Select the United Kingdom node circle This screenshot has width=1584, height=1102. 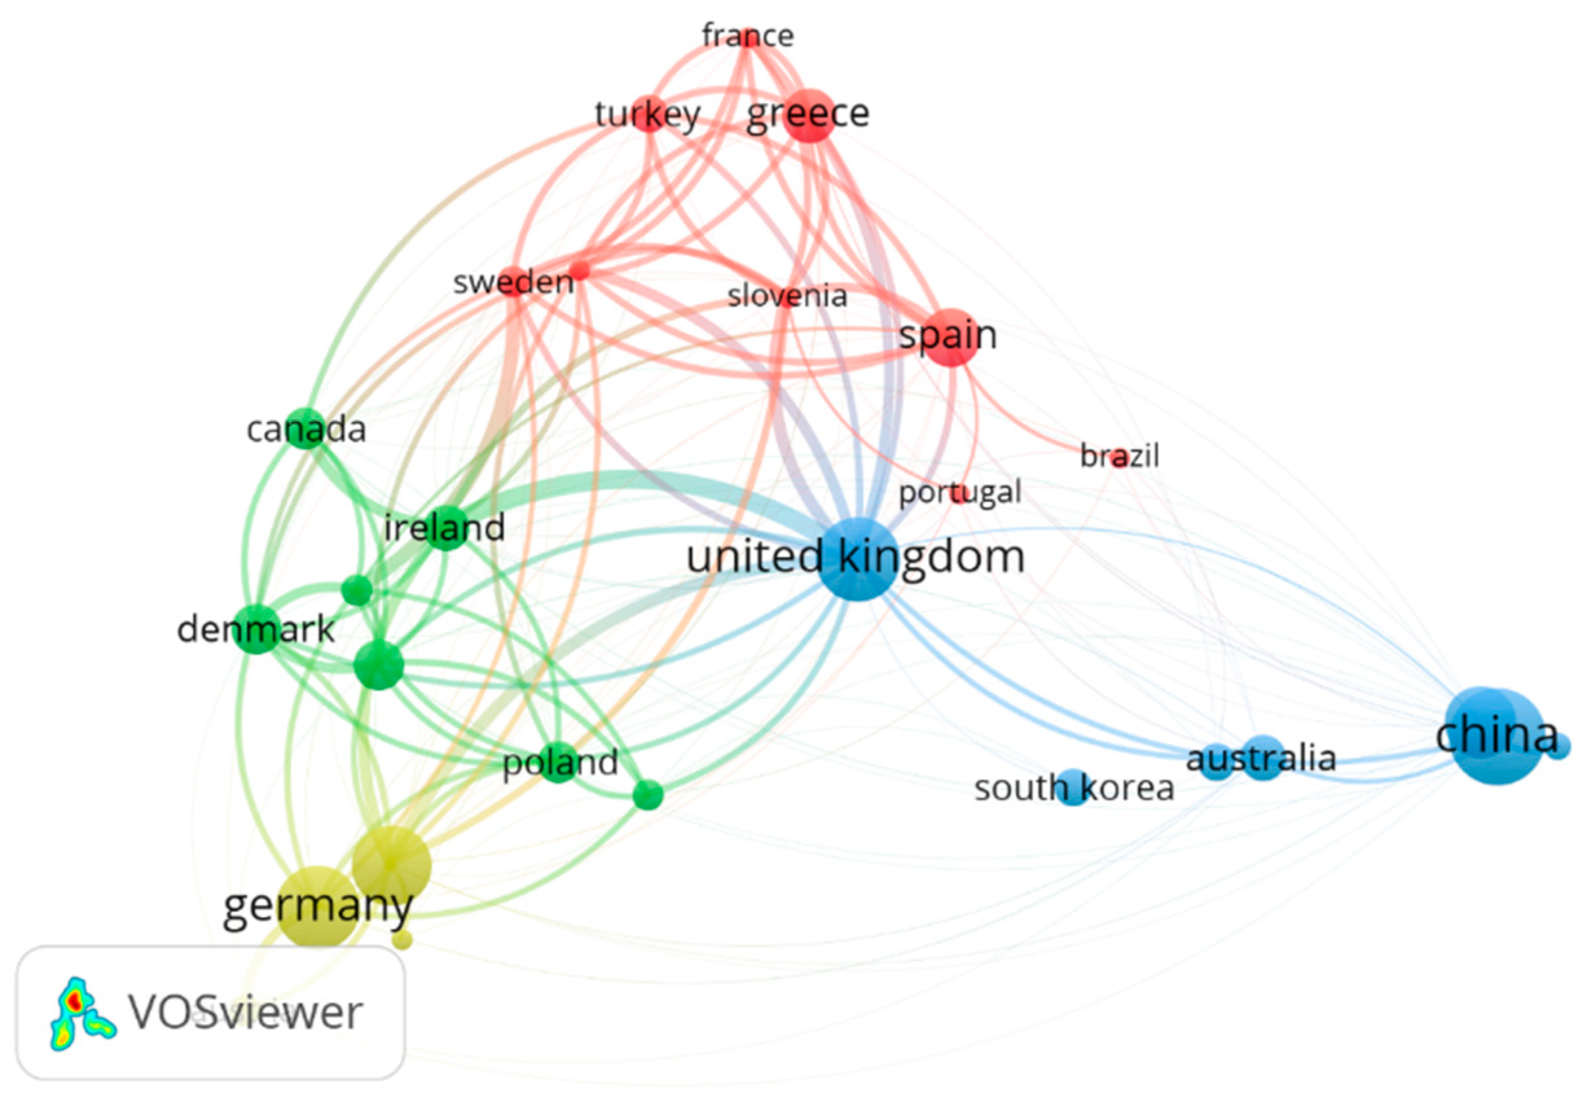pos(858,558)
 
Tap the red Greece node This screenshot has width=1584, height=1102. pos(810,115)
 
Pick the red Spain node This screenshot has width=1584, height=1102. pos(951,337)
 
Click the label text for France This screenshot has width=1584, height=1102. pos(748,36)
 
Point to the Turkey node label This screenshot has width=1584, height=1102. pos(648,115)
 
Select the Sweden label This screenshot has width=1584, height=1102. pos(512,282)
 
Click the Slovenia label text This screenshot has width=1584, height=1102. pos(787,296)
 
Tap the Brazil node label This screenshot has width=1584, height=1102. pos(1119,456)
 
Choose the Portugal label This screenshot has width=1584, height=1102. pos(960,492)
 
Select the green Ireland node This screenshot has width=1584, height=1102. pos(446,528)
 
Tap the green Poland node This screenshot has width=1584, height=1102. pos(559,762)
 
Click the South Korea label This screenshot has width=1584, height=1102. pos(1073,788)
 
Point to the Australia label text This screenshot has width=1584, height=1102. pos(1261,759)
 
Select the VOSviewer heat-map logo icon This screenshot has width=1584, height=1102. pos(82,1013)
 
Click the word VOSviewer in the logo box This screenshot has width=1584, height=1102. pos(246,1013)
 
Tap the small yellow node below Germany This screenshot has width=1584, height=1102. pos(403,939)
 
